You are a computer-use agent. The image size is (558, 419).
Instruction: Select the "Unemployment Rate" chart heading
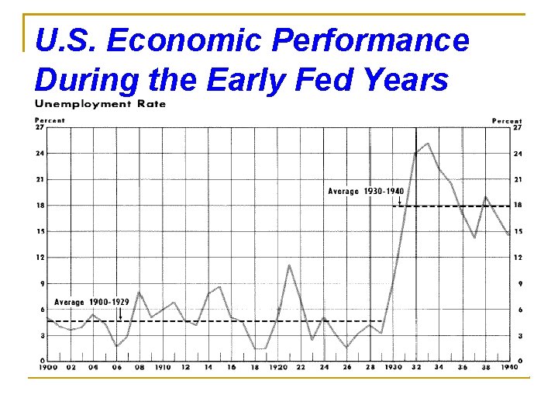click(100, 104)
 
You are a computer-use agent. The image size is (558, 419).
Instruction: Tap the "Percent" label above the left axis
click(50, 120)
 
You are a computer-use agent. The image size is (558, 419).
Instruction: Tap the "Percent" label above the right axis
click(507, 120)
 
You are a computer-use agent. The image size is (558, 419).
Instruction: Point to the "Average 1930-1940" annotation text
click(365, 191)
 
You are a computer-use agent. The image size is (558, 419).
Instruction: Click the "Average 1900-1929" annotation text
click(91, 302)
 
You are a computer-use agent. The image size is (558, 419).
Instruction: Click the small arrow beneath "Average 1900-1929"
click(120, 313)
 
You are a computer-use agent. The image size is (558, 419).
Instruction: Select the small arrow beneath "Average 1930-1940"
click(399, 200)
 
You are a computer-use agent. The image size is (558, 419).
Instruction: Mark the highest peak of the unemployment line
click(428, 144)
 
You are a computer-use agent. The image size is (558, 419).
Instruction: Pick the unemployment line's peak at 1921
click(289, 265)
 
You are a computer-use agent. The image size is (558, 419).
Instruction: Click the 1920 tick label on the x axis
click(277, 367)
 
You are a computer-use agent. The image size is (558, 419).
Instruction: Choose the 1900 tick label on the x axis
click(47, 367)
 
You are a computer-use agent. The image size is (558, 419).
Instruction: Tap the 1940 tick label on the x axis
click(508, 367)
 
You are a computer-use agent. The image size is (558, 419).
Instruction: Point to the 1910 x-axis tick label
click(163, 367)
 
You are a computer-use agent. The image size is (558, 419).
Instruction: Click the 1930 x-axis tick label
click(393, 367)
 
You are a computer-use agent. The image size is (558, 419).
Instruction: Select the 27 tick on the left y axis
click(40, 128)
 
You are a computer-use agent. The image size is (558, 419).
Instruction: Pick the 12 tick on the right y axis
click(517, 258)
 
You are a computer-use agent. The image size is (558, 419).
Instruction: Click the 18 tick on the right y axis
click(517, 206)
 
